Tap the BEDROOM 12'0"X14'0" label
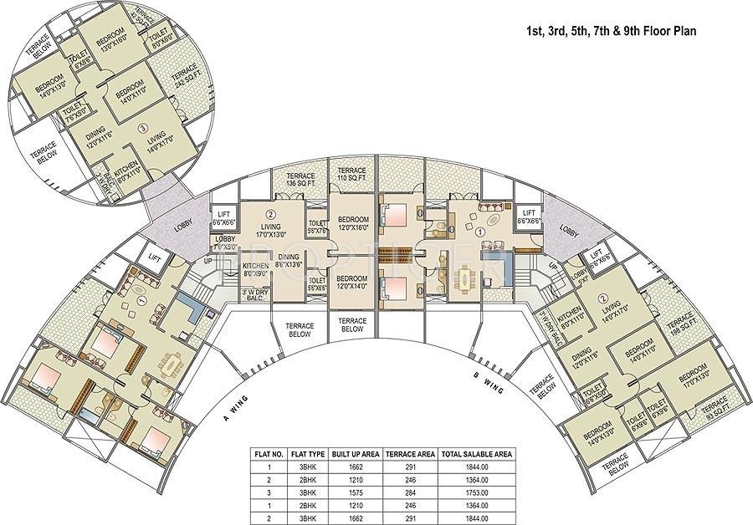pyautogui.click(x=352, y=281)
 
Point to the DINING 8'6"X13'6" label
pyautogui.click(x=288, y=262)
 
